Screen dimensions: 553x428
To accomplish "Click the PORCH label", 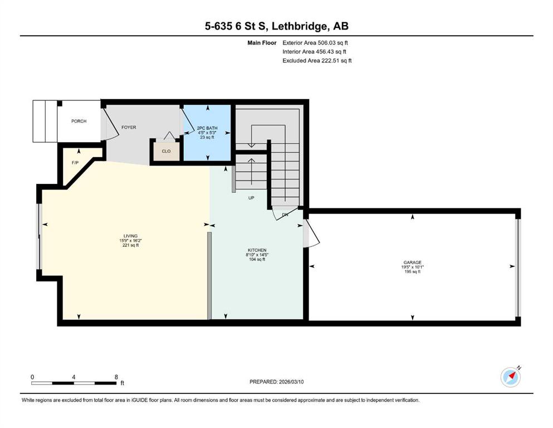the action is point(79,121).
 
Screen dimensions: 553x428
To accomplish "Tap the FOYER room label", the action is point(129,128).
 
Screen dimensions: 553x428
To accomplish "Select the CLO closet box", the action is point(166,151).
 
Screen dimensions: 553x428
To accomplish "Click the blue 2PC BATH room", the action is point(207,133).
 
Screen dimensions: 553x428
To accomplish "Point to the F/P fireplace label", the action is point(75,163).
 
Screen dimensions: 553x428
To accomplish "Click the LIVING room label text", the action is point(130,236).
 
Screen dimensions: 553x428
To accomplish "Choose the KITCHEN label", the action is point(257,250).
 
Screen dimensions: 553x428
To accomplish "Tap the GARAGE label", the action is point(412,262).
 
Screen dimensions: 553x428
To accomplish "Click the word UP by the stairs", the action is point(251,198).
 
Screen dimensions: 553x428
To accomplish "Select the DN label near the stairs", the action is point(285,215).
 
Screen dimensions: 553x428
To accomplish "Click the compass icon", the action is point(511,377).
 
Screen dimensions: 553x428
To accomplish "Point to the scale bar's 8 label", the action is point(116,377).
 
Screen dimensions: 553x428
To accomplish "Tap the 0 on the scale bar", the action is point(32,377).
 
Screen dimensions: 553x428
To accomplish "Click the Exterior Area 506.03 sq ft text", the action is point(315,43).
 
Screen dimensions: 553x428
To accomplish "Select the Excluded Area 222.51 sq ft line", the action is point(317,61).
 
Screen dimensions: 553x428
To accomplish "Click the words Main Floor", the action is point(262,43).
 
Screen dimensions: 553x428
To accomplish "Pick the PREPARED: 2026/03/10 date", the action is point(276,382).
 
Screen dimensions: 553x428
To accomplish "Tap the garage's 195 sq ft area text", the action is point(413,272).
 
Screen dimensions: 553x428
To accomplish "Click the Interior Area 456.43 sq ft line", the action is point(314,52).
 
